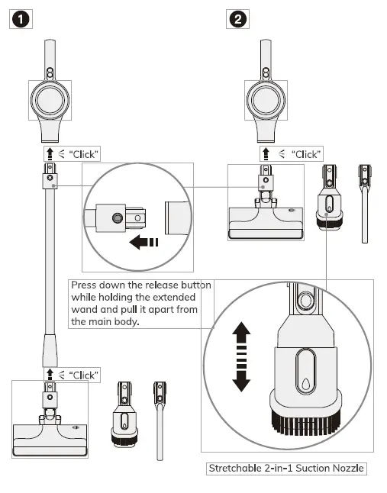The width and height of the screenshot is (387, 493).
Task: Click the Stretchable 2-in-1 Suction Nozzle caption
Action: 285,468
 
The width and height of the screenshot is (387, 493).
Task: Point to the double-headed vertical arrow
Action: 241,356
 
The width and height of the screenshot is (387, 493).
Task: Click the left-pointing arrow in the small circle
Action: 144,243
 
